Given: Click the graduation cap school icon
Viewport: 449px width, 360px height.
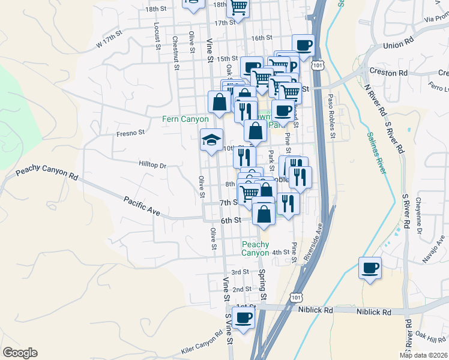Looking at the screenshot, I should point(211,140).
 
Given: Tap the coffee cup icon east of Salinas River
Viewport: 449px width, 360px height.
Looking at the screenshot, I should point(370,267).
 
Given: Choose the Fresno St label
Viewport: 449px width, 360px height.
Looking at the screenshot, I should point(131,133).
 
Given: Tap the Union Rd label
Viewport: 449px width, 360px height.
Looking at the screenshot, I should point(399,44).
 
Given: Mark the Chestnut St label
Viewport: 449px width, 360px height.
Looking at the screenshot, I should point(176,53).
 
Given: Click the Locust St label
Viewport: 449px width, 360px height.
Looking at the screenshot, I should point(157,35).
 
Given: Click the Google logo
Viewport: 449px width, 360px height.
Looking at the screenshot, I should point(20,353).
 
